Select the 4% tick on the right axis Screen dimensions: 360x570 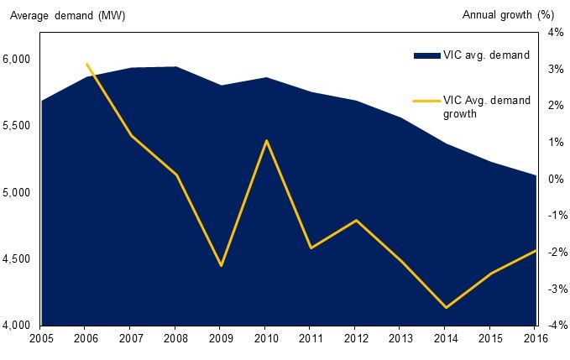pyautogui.click(x=556, y=33)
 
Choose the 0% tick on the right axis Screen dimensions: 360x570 pyautogui.click(x=556, y=179)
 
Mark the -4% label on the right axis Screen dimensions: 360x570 pyautogui.click(x=554, y=326)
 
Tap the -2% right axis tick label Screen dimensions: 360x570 pyautogui.click(x=554, y=253)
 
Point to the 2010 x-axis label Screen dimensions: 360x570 pyautogui.click(x=264, y=340)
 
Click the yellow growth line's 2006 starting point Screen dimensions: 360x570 pyautogui.click(x=86, y=64)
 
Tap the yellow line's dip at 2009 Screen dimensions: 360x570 pyautogui.click(x=221, y=266)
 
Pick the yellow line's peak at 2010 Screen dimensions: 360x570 pyautogui.click(x=265, y=140)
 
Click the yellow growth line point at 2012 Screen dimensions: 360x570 pyautogui.click(x=355, y=221)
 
